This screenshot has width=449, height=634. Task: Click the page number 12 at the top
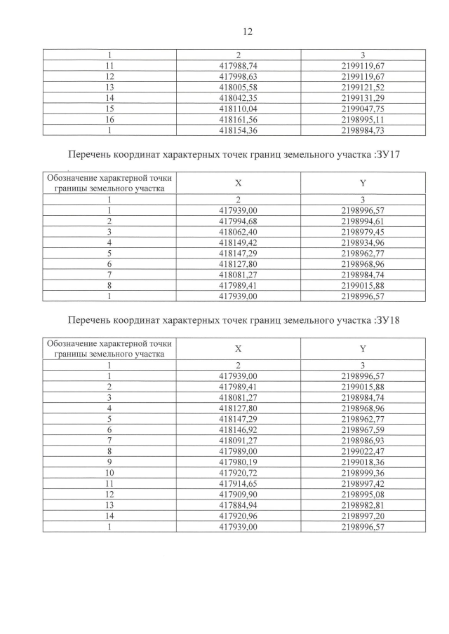coord(246,32)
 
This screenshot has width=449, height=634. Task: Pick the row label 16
coord(109,119)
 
